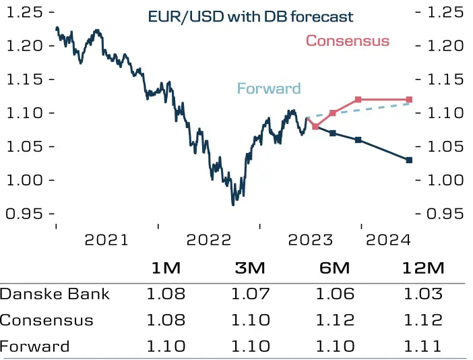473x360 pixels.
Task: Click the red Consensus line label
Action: pyautogui.click(x=347, y=40)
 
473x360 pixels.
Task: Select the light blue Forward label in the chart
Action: pyautogui.click(x=268, y=88)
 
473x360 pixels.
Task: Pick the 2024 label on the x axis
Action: pyautogui.click(x=388, y=240)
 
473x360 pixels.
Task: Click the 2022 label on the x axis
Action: pyautogui.click(x=209, y=240)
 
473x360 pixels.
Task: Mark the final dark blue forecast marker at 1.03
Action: pyautogui.click(x=409, y=160)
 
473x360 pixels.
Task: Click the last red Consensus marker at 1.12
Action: pyautogui.click(x=409, y=100)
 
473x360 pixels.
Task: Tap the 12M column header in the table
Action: pyautogui.click(x=422, y=268)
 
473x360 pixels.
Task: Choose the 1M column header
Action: pyautogui.click(x=166, y=268)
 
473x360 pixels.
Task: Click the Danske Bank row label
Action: pyautogui.click(x=55, y=294)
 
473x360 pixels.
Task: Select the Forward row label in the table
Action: pyautogui.click(x=35, y=347)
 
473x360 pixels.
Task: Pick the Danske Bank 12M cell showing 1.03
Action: pyautogui.click(x=422, y=294)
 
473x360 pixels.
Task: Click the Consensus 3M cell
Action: pyautogui.click(x=250, y=320)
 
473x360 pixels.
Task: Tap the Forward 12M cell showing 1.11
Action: pyautogui.click(x=422, y=347)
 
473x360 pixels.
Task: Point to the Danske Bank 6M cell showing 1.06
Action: pyautogui.click(x=335, y=294)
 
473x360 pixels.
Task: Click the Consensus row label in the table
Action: pyautogui.click(x=46, y=320)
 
